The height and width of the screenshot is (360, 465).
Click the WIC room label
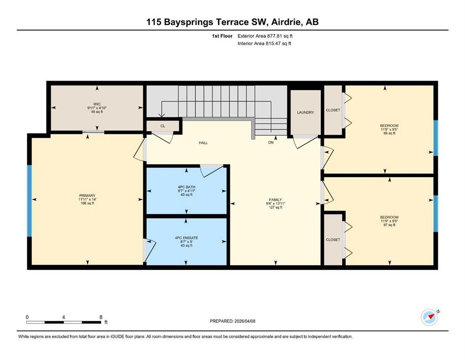click(96, 104)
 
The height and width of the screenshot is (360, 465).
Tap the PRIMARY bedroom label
click(87, 195)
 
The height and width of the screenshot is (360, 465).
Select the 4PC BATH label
click(186, 187)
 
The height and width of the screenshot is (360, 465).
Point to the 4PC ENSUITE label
click(186, 238)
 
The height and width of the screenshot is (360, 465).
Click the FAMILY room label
click(275, 200)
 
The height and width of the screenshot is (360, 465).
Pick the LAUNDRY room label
click(305, 112)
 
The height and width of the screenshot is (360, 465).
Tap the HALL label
click(203, 143)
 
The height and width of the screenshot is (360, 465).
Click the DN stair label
click(271, 142)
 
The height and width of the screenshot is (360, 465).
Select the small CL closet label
click(162, 126)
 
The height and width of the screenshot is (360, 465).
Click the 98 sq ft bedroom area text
click(390, 133)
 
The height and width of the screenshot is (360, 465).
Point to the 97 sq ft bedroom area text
click(390, 225)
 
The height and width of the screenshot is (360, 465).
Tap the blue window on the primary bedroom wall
click(30, 201)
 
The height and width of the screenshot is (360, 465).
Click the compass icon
click(429, 317)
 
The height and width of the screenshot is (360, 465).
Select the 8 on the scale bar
click(101, 317)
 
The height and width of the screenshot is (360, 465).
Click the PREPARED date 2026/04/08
click(244, 321)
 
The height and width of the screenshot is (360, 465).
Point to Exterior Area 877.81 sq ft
click(265, 36)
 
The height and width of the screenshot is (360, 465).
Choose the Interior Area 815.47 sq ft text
click(264, 43)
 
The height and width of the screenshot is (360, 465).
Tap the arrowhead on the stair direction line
click(162, 115)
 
